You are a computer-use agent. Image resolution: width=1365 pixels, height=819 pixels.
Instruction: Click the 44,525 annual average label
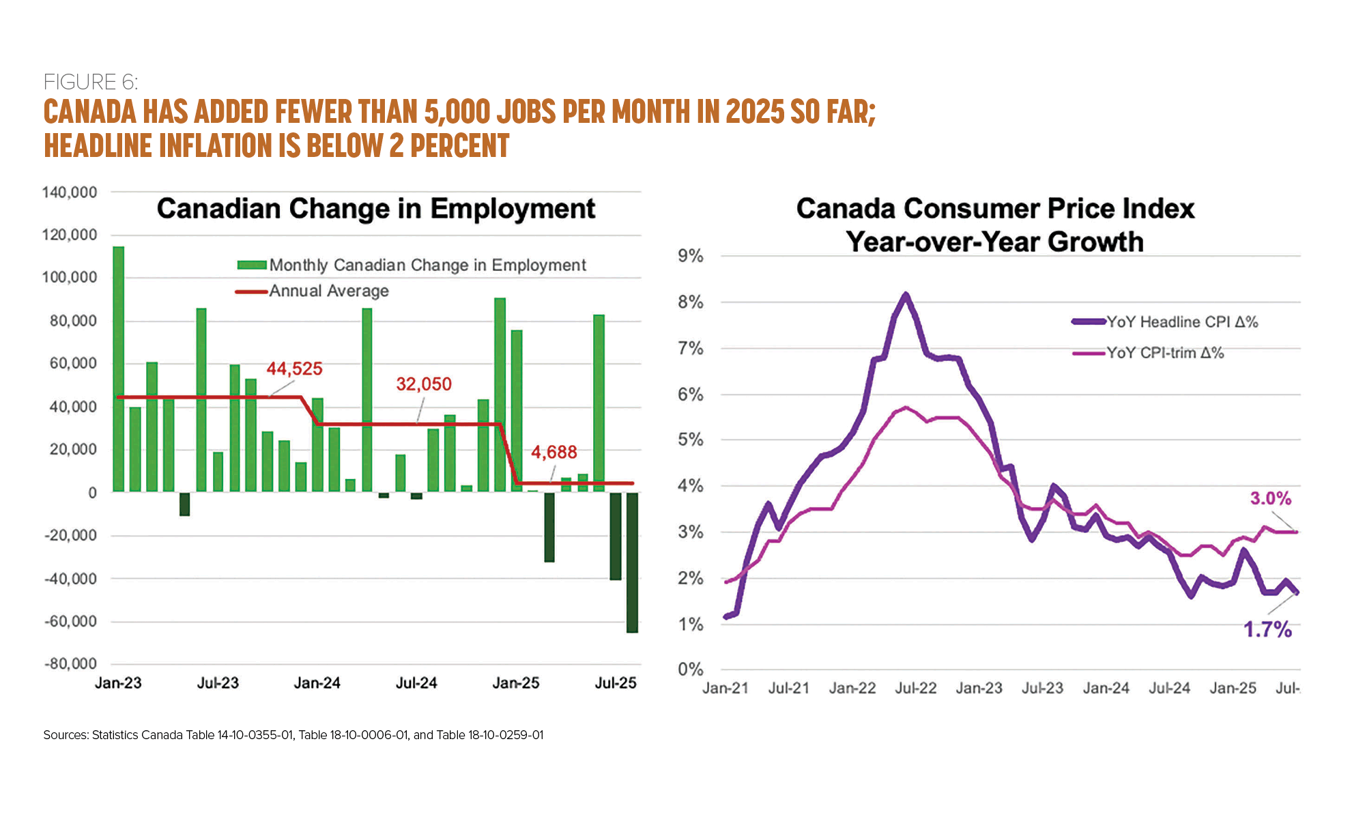point(294,369)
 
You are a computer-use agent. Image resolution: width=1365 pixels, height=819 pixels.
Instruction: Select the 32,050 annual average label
point(424,384)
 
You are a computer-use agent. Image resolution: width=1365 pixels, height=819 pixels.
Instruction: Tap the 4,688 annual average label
point(554,452)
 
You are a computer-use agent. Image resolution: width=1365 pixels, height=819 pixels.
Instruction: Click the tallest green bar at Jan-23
point(118,369)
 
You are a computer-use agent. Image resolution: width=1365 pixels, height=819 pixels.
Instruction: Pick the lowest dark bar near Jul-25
point(632,562)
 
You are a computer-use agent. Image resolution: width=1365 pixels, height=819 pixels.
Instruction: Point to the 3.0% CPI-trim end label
point(1270,499)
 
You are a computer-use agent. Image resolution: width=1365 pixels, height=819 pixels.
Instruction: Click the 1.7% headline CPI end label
point(1267,629)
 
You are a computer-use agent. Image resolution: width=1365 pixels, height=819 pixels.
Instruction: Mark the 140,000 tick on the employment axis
point(70,192)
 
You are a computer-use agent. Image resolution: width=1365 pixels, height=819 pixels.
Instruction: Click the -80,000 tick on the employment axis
point(71,664)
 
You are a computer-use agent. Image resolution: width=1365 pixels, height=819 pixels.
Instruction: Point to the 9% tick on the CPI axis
point(690,257)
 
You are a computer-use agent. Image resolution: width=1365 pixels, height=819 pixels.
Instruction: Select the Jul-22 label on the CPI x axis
point(915,688)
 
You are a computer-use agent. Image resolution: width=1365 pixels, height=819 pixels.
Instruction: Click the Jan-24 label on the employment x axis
point(317,683)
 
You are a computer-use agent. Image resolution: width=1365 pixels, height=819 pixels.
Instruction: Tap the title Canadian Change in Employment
point(376,209)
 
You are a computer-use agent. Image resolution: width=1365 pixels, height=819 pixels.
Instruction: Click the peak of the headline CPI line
point(906,296)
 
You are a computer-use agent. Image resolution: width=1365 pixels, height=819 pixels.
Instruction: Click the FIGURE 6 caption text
point(91,82)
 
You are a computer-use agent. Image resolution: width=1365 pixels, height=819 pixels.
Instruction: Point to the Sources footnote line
point(293,735)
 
